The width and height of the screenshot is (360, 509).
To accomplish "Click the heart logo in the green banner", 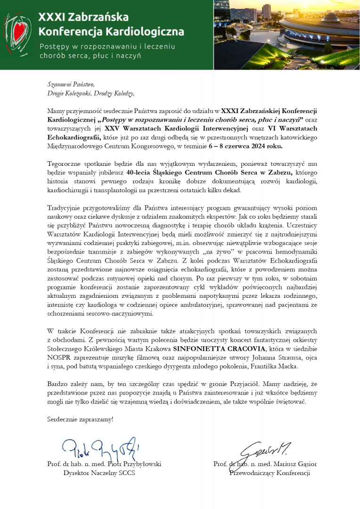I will (x=17, y=34).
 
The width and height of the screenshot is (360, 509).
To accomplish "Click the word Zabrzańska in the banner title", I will (x=98, y=17).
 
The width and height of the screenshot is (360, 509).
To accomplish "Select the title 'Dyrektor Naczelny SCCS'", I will (x=99, y=473).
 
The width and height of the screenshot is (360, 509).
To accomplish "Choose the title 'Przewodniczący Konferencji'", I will (x=270, y=473).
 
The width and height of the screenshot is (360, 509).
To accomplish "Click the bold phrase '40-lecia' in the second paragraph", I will (x=139, y=172).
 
